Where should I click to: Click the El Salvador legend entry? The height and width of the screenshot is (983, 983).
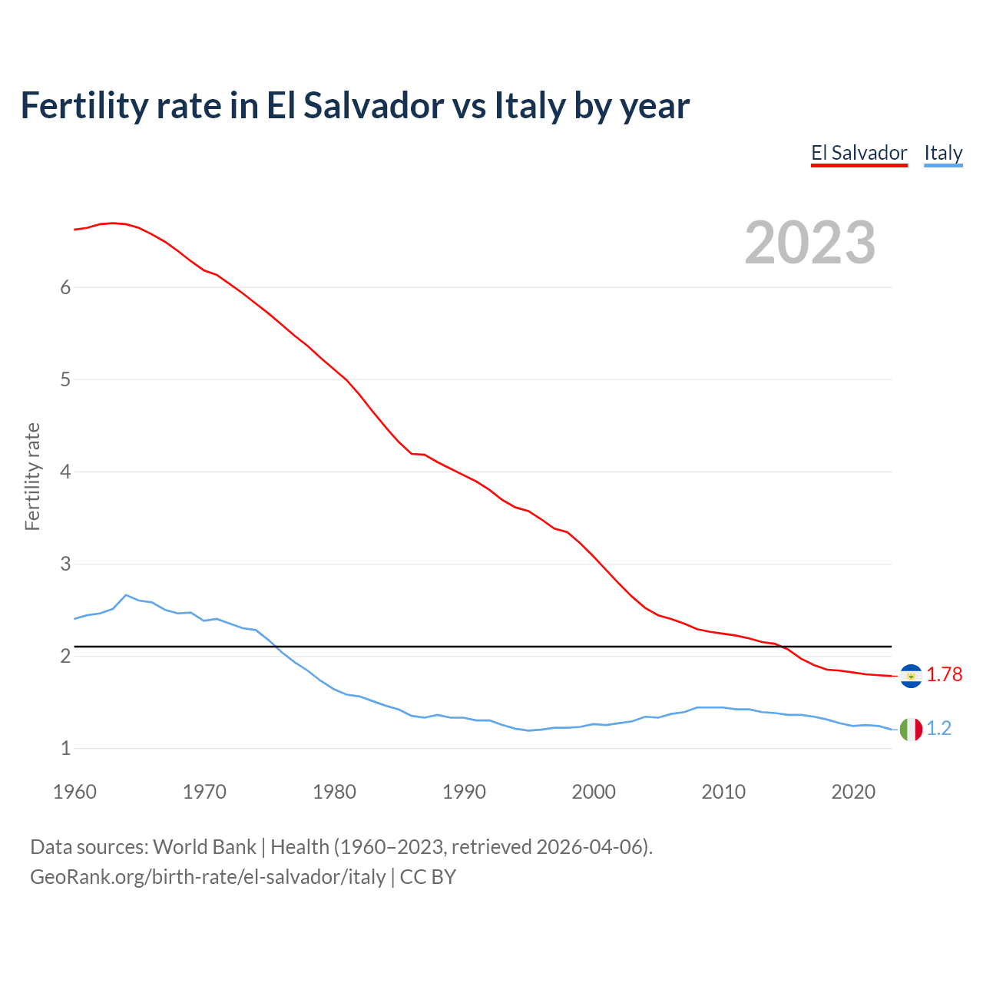click(x=859, y=153)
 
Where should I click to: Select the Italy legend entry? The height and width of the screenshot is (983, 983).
click(x=943, y=153)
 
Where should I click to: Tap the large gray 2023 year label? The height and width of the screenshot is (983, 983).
click(x=810, y=243)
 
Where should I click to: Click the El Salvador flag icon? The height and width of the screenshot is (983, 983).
click(x=911, y=675)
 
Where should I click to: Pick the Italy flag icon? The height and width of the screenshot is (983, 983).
click(x=911, y=729)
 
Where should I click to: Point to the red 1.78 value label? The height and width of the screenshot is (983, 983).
click(x=944, y=674)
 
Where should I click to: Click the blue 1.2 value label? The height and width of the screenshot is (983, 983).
click(x=938, y=728)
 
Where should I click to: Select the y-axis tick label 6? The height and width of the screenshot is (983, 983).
click(x=65, y=287)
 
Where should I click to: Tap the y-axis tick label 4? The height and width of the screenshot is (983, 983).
click(x=65, y=472)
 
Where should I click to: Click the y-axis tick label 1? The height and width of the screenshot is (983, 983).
click(x=65, y=748)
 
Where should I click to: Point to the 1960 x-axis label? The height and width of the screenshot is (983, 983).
click(x=74, y=792)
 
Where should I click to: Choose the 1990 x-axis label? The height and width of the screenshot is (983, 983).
click(x=464, y=792)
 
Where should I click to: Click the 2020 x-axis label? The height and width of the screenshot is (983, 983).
click(x=853, y=792)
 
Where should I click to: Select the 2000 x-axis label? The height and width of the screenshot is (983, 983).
click(x=594, y=792)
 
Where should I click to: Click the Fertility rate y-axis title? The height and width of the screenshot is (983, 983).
click(x=32, y=476)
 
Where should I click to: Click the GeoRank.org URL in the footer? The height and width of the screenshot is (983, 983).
click(x=207, y=876)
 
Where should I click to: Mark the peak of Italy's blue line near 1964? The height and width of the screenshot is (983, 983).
click(x=126, y=595)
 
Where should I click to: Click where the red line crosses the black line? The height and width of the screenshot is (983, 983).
click(x=782, y=647)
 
